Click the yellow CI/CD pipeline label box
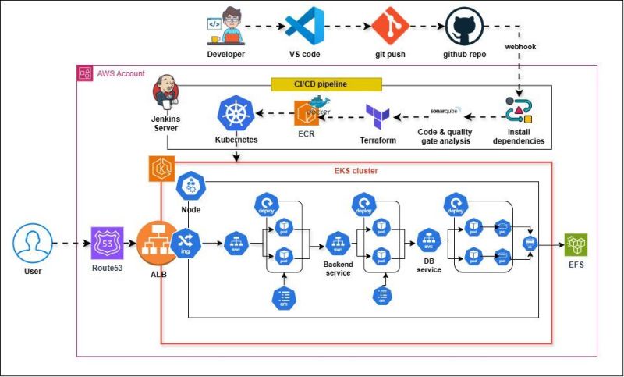tap(326, 84)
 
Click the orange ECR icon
tap(306, 113)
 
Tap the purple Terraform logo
tap(378, 115)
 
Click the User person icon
tap(33, 244)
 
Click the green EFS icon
tap(576, 244)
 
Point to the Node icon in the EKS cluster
tap(191, 187)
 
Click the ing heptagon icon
tap(186, 244)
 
